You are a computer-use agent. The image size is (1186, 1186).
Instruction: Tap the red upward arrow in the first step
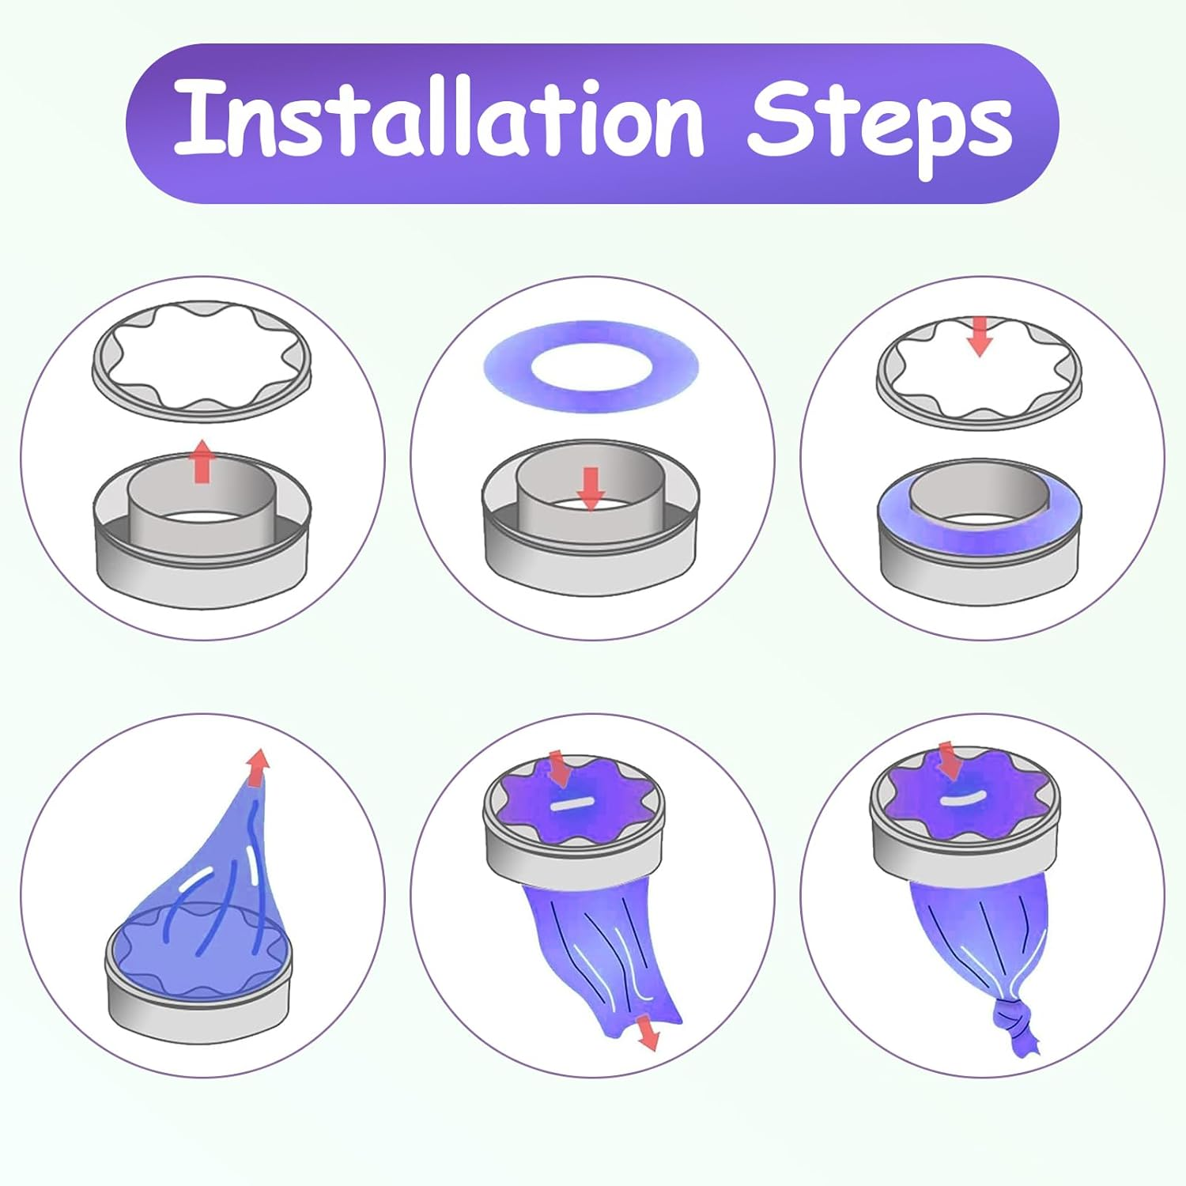202,460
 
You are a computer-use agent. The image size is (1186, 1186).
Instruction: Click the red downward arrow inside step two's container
591,488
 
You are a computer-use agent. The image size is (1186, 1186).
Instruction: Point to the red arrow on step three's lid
980,336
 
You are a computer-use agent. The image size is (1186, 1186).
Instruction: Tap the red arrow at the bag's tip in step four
257,767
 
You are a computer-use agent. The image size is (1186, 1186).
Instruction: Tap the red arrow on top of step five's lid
560,769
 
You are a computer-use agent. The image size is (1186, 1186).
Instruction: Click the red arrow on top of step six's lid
948,761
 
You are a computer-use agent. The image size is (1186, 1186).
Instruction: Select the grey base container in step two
591,518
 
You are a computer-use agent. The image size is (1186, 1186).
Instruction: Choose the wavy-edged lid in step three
979,372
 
